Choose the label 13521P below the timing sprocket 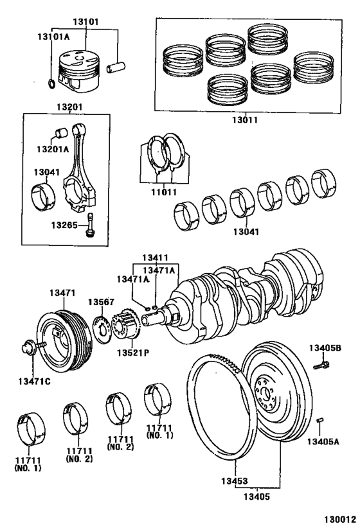[133, 352]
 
